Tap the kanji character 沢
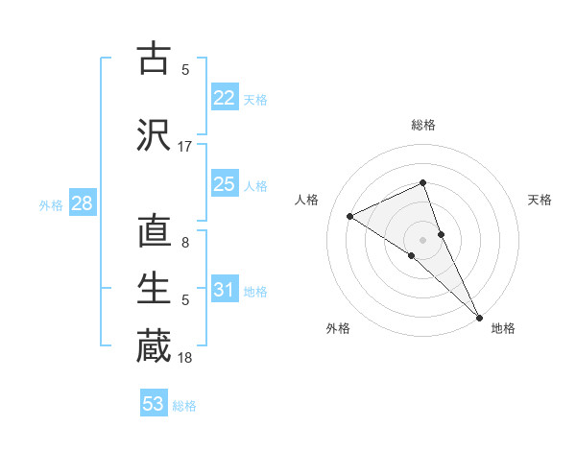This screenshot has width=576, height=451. pyautogui.click(x=154, y=134)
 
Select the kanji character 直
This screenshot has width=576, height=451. pyautogui.click(x=154, y=233)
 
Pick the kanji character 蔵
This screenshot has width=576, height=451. pyautogui.click(x=154, y=346)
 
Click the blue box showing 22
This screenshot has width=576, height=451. pyautogui.click(x=225, y=98)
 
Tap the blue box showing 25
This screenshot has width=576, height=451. pyautogui.click(x=225, y=184)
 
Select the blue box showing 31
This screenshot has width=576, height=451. pyautogui.click(x=225, y=290)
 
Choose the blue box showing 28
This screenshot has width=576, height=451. pyautogui.click(x=81, y=203)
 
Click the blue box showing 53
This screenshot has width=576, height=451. pyautogui.click(x=154, y=404)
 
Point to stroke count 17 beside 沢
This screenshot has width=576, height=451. pyautogui.click(x=185, y=147)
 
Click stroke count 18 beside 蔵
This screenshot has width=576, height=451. pyautogui.click(x=185, y=358)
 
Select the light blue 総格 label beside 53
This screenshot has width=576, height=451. pyautogui.click(x=184, y=406)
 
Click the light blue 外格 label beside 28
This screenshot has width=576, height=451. pyautogui.click(x=50, y=204)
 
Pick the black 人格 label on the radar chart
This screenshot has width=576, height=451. pyautogui.click(x=306, y=200)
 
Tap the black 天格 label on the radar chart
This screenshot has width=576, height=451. pyautogui.click(x=540, y=200)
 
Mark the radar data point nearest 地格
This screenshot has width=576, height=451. pyautogui.click(x=479, y=316)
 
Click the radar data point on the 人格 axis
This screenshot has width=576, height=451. pyautogui.click(x=349, y=216)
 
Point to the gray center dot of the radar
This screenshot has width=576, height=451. pyautogui.click(x=422, y=239)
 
